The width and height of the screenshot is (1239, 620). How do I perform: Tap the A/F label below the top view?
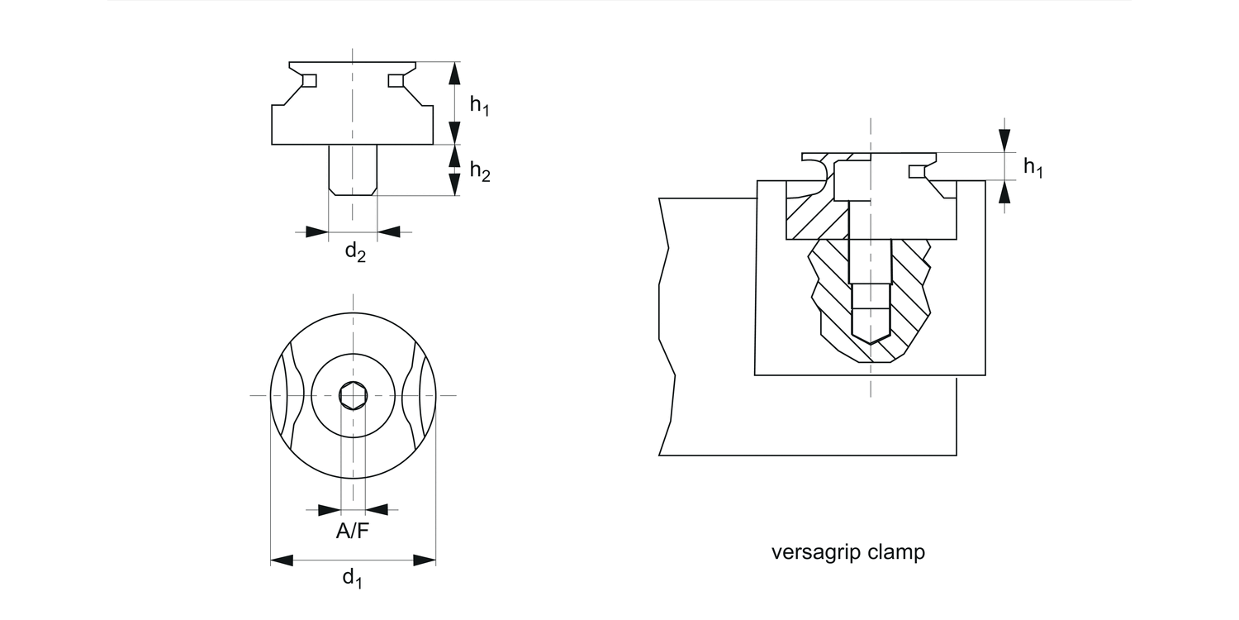[x=353, y=532]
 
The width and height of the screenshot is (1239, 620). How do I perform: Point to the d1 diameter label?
[x=353, y=577]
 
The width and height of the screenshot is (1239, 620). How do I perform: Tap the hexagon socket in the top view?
[x=354, y=396]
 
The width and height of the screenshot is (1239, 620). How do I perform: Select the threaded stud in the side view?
[x=354, y=169]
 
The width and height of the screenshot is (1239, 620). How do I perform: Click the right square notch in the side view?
[x=396, y=80]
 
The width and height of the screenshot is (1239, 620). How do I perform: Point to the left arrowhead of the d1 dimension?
[x=282, y=560]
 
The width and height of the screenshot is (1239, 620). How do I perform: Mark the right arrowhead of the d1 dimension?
[x=425, y=560]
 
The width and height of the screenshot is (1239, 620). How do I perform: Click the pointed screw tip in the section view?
[x=871, y=338]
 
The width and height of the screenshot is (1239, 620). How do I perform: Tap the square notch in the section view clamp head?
[x=916, y=171]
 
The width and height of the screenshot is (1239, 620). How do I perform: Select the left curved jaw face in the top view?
[x=285, y=396]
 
